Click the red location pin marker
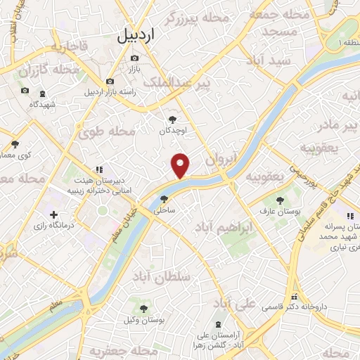(181, 165)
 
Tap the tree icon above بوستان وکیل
(143, 309)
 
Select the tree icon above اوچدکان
(174, 120)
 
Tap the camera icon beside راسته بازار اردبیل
(110, 82)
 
